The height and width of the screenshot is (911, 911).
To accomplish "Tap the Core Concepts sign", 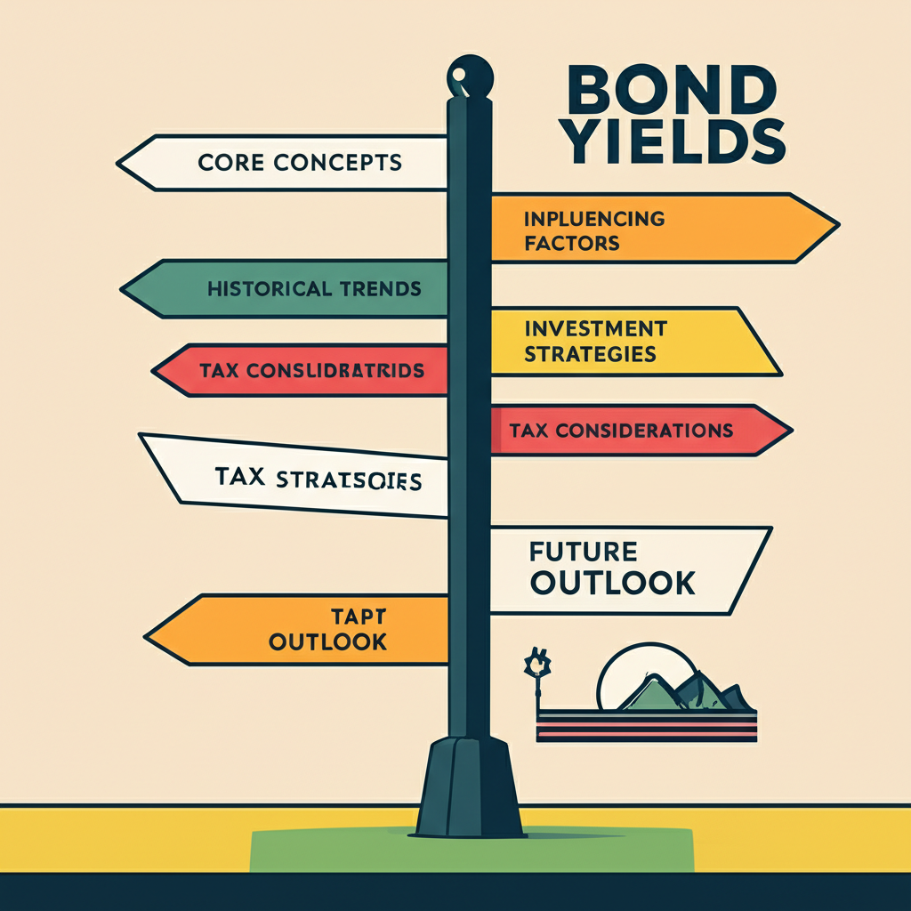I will click(x=294, y=162).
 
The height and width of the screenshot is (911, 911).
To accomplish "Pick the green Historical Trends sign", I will click(x=294, y=288).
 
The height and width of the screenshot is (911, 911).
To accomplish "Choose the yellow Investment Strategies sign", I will click(x=623, y=341).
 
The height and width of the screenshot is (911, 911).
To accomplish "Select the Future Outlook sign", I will click(x=623, y=569).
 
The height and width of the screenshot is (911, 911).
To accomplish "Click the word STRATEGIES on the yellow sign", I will click(x=590, y=353).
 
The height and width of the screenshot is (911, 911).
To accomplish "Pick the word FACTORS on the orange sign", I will click(x=571, y=241).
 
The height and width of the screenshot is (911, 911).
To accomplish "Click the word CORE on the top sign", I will click(x=227, y=163).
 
